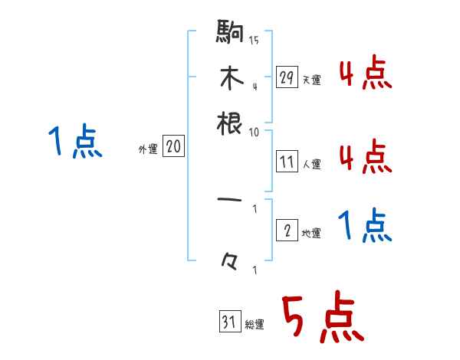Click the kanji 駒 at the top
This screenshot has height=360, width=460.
[x=230, y=33]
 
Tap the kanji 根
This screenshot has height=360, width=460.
[x=230, y=123]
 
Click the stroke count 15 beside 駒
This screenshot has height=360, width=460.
[x=254, y=41]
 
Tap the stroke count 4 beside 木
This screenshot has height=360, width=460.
[x=254, y=87]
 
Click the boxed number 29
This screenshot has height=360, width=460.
[x=287, y=77]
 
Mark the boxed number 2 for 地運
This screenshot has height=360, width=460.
[x=287, y=231]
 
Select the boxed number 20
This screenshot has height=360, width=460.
[x=173, y=146]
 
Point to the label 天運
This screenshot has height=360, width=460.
[x=311, y=80]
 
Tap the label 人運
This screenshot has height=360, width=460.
[x=311, y=164]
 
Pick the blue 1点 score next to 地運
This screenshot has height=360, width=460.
[x=364, y=227]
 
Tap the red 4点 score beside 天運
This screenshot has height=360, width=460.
[x=365, y=74]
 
